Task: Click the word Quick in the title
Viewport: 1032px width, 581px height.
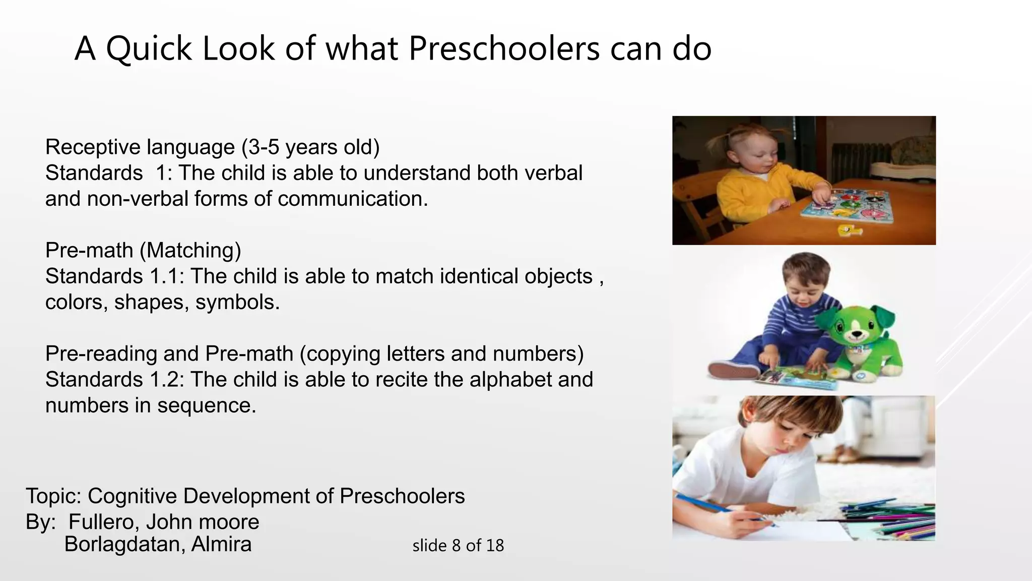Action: (x=149, y=49)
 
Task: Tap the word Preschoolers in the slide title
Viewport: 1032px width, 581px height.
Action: (x=504, y=49)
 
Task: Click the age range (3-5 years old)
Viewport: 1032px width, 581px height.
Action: (x=310, y=147)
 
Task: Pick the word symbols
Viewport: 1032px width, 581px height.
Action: (x=237, y=303)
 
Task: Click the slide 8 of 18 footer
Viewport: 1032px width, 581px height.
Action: (x=458, y=546)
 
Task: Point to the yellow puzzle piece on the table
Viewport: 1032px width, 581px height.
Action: (x=850, y=230)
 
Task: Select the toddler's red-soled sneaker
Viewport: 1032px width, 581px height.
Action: (x=733, y=371)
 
